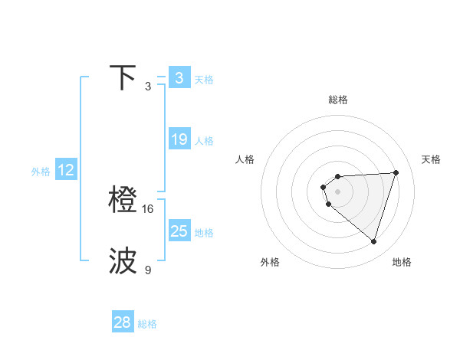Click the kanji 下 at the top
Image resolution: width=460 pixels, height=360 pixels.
tap(123, 77)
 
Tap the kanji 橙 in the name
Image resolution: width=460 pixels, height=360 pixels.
tap(123, 200)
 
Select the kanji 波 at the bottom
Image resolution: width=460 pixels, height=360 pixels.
tap(123, 261)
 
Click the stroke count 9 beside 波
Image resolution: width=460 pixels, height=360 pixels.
tap(148, 270)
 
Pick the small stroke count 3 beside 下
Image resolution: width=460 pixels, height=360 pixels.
tap(148, 87)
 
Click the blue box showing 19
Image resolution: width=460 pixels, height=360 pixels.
tap(179, 139)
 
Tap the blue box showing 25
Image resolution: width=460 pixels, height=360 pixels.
tap(179, 231)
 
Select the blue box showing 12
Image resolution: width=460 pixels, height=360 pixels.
tap(66, 170)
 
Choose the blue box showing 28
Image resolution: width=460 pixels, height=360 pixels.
tap(123, 322)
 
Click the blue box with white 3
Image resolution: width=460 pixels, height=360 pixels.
tap(179, 77)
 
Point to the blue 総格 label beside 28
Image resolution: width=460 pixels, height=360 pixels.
tap(148, 324)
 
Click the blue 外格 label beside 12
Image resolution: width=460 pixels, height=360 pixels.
tap(41, 172)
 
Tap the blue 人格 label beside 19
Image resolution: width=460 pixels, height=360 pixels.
tap(204, 141)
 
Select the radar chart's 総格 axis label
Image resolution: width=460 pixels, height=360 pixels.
tap(338, 100)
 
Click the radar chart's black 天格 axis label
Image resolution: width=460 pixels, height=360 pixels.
tap(431, 159)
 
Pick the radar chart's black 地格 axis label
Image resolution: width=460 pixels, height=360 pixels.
tap(402, 262)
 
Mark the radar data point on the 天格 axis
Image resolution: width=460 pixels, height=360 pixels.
tap(396, 172)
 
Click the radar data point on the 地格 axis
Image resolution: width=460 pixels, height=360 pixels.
tap(373, 241)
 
